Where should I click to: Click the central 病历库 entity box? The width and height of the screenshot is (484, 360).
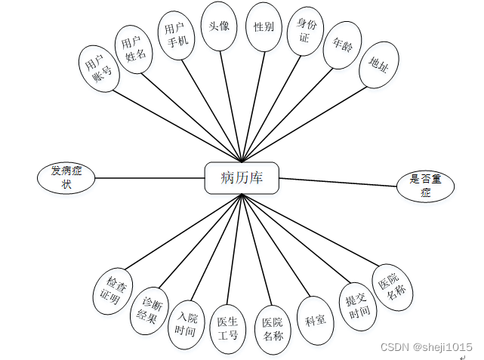pyautogui.click(x=241, y=178)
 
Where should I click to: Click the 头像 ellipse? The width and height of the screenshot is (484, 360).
pyautogui.click(x=220, y=26)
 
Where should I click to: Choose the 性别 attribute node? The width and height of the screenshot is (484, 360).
pyautogui.click(x=264, y=26)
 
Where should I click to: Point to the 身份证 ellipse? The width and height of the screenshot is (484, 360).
pyautogui.click(x=304, y=32)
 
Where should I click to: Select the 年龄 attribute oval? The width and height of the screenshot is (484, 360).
pyautogui.click(x=338, y=48)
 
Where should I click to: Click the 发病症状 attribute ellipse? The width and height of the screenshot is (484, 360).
pyautogui.click(x=66, y=177)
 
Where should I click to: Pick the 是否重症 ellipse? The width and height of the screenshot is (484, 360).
pyautogui.click(x=425, y=186)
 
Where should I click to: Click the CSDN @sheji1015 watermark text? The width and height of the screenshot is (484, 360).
pyautogui.click(x=427, y=346)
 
